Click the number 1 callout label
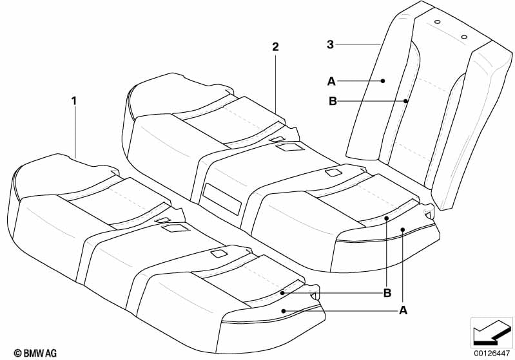74,100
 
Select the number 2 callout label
275,47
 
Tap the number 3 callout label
330,44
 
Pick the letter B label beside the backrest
333,101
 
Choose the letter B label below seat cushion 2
387,293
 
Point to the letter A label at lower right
403,310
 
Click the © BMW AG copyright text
35,353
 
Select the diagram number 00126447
492,354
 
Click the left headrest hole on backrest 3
437,22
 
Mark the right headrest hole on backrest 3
464,37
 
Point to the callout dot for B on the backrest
406,101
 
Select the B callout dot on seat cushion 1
283,292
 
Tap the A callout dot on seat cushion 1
284,310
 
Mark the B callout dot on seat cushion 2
387,218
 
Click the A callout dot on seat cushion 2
403,230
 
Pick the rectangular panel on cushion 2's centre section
222,199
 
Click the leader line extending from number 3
358,44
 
